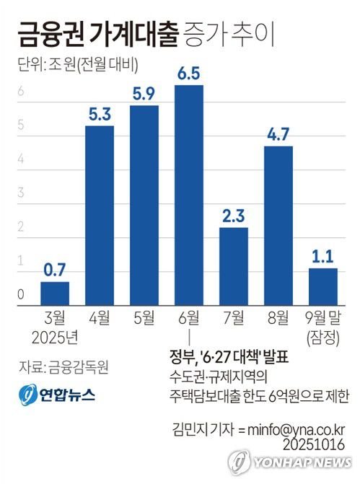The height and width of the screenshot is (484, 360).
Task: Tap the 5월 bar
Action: (144, 203)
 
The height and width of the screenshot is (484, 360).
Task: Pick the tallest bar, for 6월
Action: (189, 193)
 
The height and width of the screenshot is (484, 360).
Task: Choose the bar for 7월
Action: (234, 265)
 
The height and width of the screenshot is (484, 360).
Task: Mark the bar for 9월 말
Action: (322, 285)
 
